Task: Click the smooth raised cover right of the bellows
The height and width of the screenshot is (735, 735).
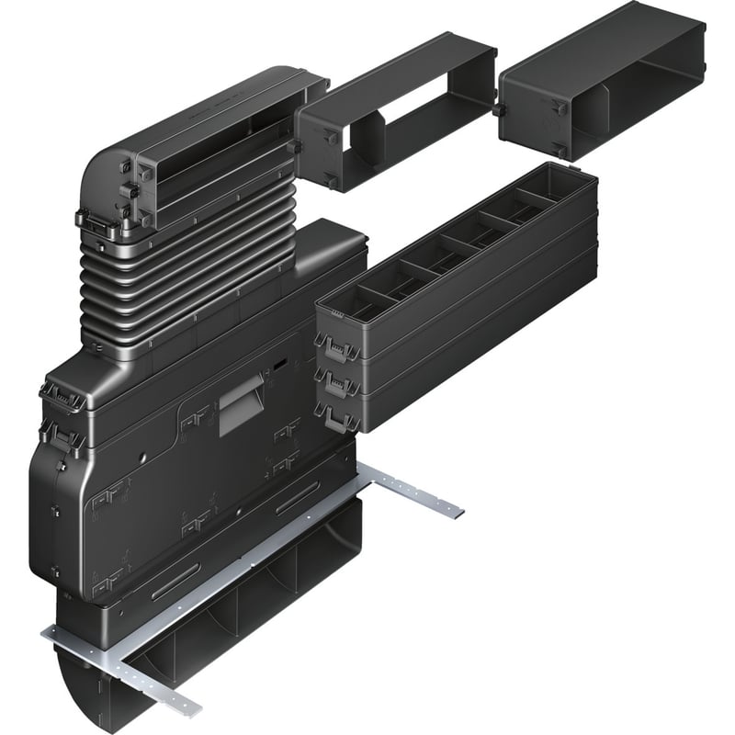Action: tap(312, 257)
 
